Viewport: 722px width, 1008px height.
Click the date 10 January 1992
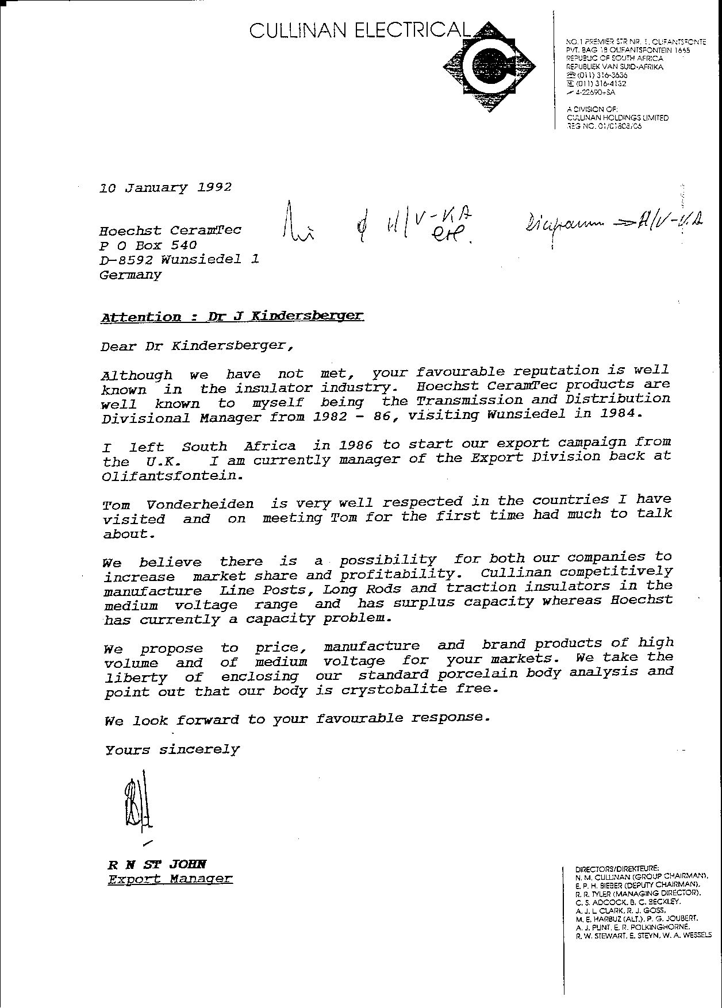tap(166, 187)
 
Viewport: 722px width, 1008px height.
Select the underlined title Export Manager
tap(170, 879)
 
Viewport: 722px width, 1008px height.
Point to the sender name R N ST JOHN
tap(157, 864)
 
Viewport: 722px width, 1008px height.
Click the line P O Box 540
tap(148, 245)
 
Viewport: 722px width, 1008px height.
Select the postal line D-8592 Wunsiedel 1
tap(179, 260)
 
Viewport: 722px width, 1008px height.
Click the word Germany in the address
tap(130, 275)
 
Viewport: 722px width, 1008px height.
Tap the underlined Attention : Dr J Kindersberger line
tap(232, 316)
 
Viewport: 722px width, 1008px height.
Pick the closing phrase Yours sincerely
tap(172, 749)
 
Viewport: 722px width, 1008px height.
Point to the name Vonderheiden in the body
tap(199, 505)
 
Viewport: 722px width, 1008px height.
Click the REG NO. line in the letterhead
tap(604, 126)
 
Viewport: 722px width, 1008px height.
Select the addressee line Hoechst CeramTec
tap(170, 230)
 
